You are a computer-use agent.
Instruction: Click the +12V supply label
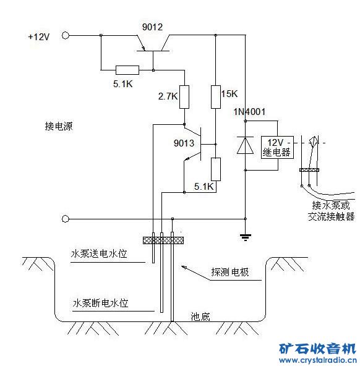click(x=38, y=37)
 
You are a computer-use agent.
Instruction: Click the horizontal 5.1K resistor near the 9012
click(x=127, y=69)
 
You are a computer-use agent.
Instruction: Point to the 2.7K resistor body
click(x=184, y=96)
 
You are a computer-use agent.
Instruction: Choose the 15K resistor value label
click(x=229, y=94)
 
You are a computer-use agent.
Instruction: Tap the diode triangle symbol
click(x=246, y=145)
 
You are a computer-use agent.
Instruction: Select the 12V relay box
click(x=276, y=147)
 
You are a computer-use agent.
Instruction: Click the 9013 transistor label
click(x=184, y=143)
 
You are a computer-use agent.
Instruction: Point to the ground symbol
click(x=246, y=235)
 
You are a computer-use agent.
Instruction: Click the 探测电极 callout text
click(x=229, y=272)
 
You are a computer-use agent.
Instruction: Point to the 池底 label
click(x=200, y=317)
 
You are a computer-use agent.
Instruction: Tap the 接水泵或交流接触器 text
click(x=331, y=211)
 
